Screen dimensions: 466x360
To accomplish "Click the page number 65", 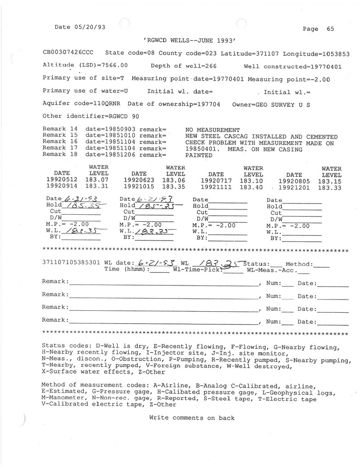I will [x=330, y=29].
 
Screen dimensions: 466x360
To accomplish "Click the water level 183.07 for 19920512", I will [x=97, y=179].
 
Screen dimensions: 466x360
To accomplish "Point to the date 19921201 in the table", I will [x=294, y=186].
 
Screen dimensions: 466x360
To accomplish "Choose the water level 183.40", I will [x=252, y=186].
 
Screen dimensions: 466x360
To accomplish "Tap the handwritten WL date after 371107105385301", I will [x=154, y=263].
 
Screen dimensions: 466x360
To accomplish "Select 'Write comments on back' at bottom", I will [x=191, y=418].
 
